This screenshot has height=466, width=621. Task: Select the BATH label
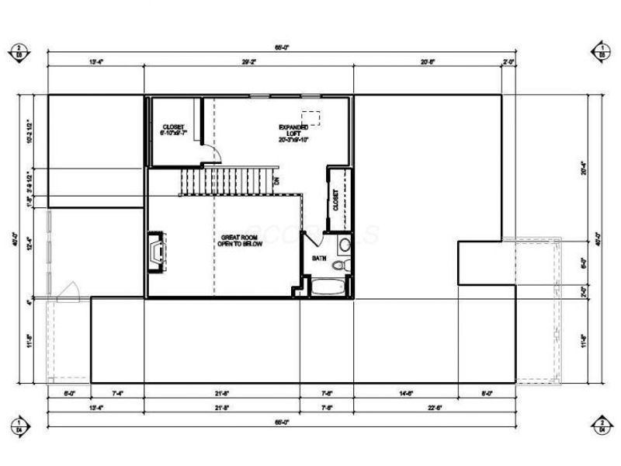click(x=319, y=257)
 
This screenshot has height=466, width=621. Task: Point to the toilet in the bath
click(x=339, y=266)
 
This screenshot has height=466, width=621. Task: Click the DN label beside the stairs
click(x=276, y=183)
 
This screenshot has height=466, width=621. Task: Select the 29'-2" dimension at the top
click(x=248, y=61)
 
